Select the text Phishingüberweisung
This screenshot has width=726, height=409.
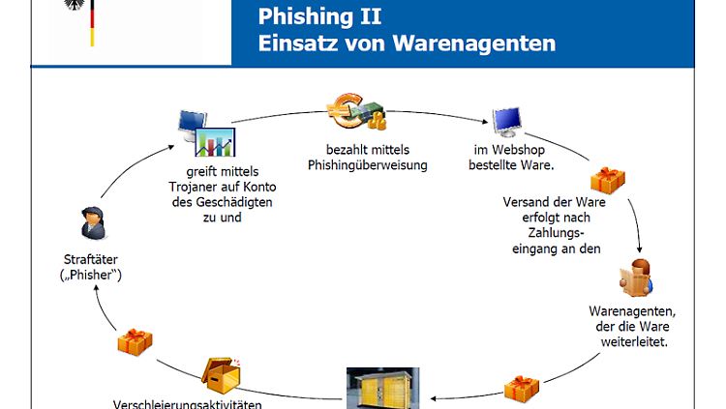coord(368,165)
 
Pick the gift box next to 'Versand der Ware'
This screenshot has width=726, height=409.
coord(608,181)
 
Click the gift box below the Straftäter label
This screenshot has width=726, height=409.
coord(135,342)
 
